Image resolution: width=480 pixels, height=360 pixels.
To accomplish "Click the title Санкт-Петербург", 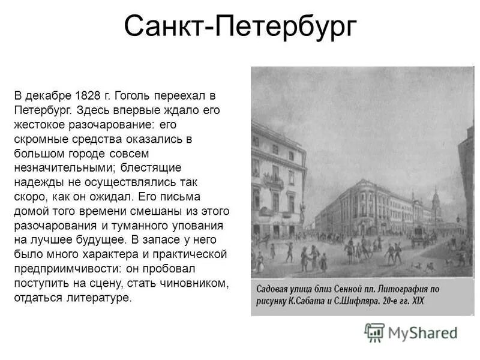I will point(240,28).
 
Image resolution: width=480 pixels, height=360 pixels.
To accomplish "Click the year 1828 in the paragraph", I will point(88,96).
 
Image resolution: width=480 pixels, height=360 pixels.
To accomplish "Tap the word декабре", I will point(49,96).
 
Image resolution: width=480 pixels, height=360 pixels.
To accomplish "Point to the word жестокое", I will point(40,125).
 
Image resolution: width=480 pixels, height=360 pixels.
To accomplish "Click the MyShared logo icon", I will point(374,331).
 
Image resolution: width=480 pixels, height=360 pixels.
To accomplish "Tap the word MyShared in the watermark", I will point(423,332).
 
